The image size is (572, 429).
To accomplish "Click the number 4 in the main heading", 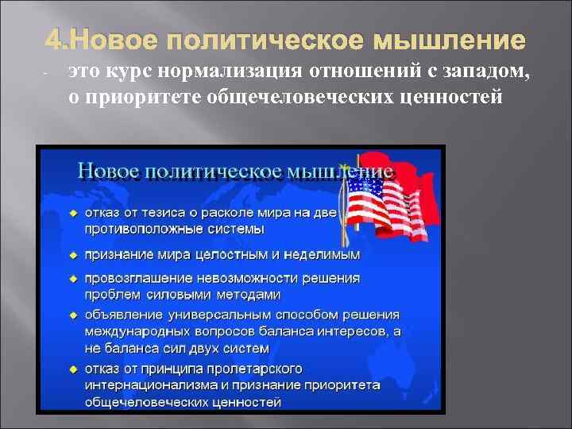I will pyautogui.click(x=53, y=40).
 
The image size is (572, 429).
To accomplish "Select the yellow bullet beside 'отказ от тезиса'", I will pyautogui.click(x=72, y=213).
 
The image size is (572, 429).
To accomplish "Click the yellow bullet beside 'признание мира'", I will pyautogui.click(x=72, y=255).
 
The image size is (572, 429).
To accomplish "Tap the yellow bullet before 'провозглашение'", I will pyautogui.click(x=72, y=279).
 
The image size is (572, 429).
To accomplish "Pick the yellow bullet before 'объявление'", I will pyautogui.click(x=72, y=315).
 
